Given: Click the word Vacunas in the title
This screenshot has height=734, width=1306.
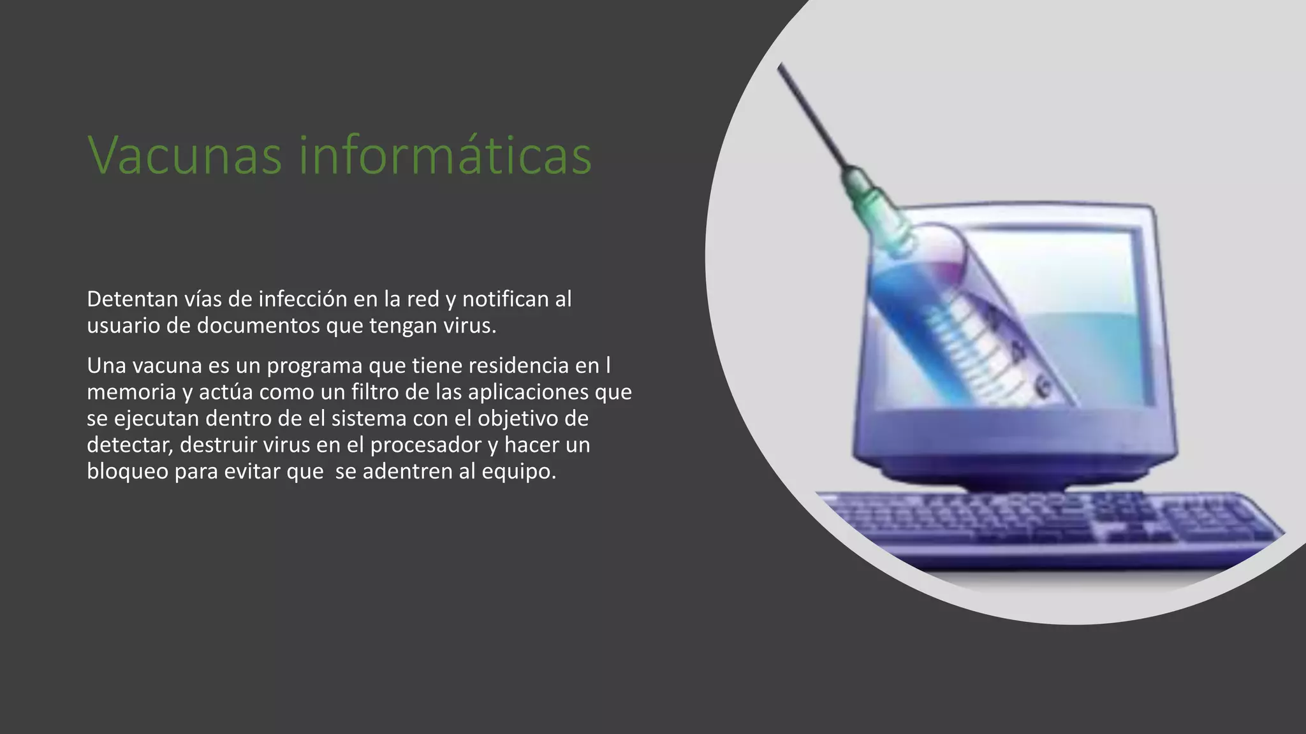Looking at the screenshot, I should (184, 155).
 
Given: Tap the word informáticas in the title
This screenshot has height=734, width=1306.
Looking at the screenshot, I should (445, 155).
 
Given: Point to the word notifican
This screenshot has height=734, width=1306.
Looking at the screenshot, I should (505, 299).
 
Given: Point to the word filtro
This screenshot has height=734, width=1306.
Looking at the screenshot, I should (375, 392).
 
